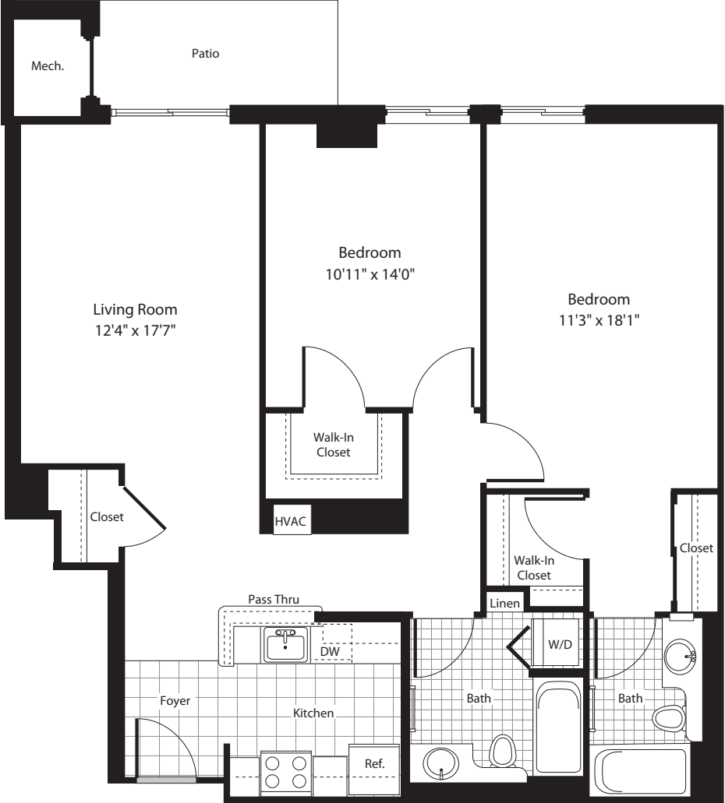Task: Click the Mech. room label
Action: click(47, 67)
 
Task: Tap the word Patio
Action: click(205, 54)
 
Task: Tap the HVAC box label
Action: click(292, 522)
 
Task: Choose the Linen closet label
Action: click(505, 604)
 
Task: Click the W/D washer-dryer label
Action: click(559, 645)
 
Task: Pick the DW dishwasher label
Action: click(330, 650)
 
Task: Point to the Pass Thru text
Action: click(274, 599)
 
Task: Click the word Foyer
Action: click(175, 701)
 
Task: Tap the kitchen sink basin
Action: click(285, 645)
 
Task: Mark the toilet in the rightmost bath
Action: click(668, 717)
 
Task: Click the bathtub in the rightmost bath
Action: click(641, 774)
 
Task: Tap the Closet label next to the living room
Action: click(107, 517)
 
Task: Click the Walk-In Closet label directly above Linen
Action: click(533, 567)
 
